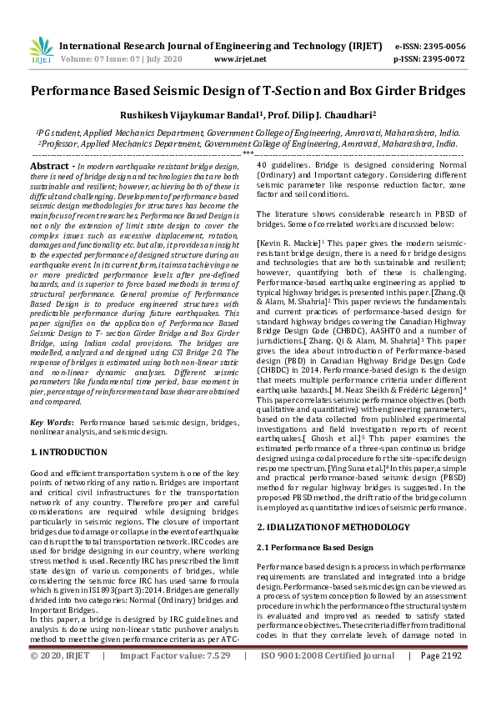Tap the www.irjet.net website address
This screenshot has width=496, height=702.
click(240, 59)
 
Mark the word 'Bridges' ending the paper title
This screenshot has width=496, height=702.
click(438, 90)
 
